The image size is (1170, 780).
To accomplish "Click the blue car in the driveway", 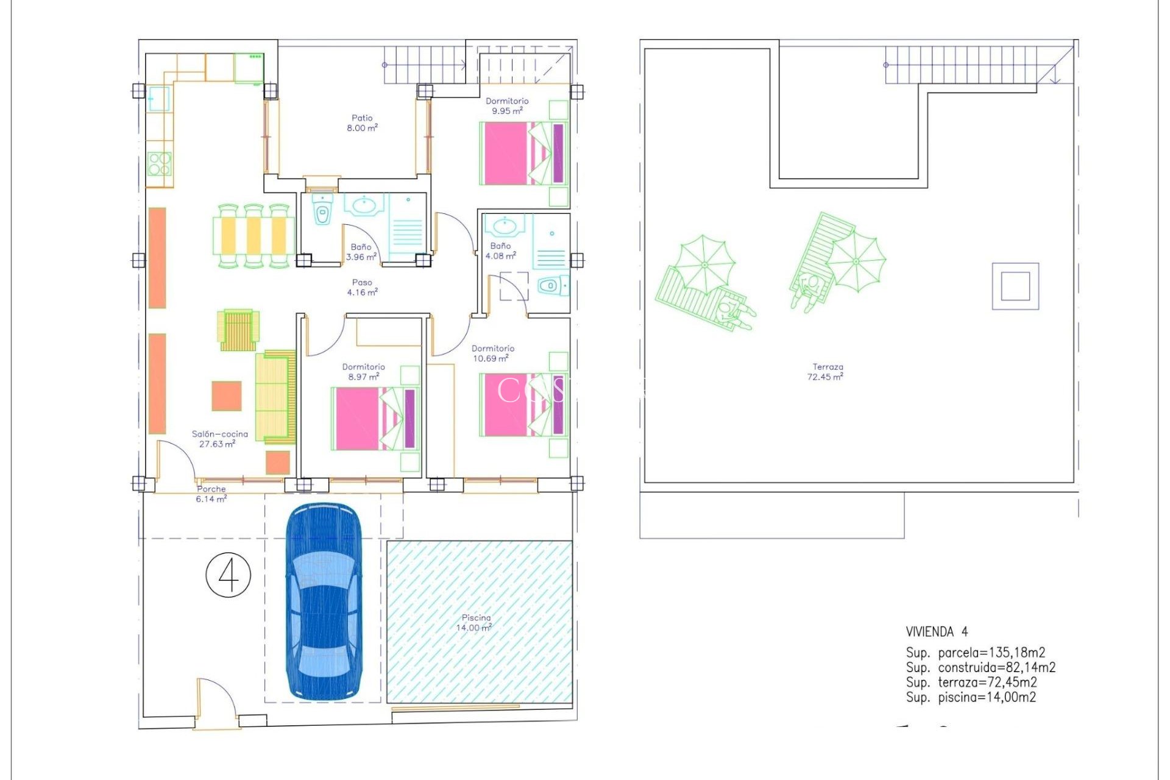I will [324, 600].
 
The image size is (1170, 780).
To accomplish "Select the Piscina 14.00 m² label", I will [475, 623].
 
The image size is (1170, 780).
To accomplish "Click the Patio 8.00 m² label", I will [362, 123].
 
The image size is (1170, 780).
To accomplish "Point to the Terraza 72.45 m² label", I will [826, 372].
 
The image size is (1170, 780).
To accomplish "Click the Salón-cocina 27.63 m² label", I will [219, 439].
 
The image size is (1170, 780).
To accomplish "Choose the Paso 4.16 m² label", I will [362, 288].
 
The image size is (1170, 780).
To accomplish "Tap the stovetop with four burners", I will [160, 163].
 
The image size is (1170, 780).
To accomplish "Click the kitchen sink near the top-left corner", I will [158, 99].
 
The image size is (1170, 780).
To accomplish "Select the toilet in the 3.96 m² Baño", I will [322, 213].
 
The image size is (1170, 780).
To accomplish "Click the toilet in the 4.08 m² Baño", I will [549, 285].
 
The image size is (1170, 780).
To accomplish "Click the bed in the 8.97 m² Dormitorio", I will [375, 419].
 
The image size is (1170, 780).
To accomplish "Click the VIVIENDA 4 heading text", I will [937, 632].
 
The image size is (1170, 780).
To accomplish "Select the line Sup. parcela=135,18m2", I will [975, 653].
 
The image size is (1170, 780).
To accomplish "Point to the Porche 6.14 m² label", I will [211, 494].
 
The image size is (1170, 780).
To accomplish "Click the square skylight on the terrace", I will [1015, 286].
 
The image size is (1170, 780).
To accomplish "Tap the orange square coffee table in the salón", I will [227, 396].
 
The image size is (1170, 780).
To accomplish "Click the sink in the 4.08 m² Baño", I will [505, 226].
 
